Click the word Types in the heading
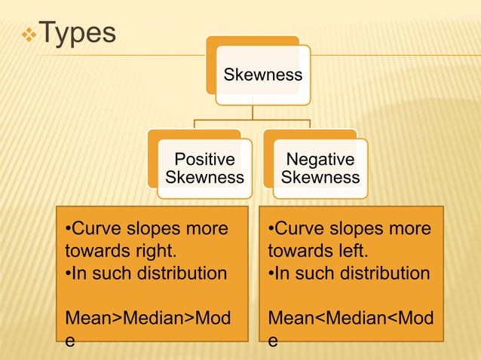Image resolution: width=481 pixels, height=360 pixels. [x=76, y=33]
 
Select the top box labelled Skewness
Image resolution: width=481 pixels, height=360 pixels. [x=262, y=75]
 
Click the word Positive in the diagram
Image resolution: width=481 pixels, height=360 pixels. [x=204, y=160]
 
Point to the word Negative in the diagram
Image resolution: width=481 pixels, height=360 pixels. [x=320, y=160]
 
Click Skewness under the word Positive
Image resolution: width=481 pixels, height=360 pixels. [x=204, y=178]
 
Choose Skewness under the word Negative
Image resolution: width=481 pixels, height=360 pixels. [x=320, y=178]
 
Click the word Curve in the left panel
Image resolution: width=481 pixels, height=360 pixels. [x=96, y=228]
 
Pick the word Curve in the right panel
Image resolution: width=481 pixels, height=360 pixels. [x=299, y=228]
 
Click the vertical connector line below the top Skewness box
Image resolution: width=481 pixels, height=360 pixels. [x=253, y=111]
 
